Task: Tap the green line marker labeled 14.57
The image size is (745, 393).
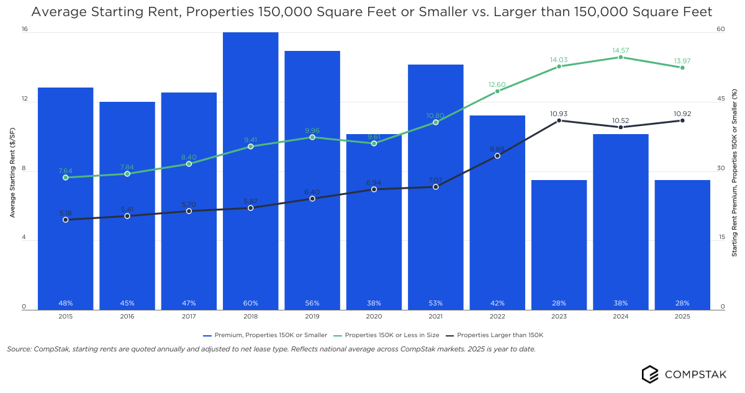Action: point(621,57)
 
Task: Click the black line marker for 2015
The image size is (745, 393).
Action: point(66,220)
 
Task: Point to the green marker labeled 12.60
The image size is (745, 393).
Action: point(497,91)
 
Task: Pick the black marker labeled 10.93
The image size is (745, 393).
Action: point(559,120)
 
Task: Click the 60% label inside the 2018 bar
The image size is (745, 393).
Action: point(250,303)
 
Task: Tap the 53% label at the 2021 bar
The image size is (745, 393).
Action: point(435,303)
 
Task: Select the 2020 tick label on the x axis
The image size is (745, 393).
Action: point(374,316)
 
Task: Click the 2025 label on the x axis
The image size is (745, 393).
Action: point(682,316)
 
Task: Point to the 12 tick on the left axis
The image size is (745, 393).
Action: point(24,99)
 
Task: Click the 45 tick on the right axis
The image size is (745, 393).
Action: point(721,99)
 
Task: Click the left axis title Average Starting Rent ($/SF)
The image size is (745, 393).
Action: point(12,169)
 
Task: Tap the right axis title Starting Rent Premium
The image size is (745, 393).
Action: point(734,173)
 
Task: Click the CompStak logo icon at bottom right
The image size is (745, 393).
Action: point(650,374)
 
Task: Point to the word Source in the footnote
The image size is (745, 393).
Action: point(19,349)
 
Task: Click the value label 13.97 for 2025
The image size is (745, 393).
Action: point(682,61)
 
